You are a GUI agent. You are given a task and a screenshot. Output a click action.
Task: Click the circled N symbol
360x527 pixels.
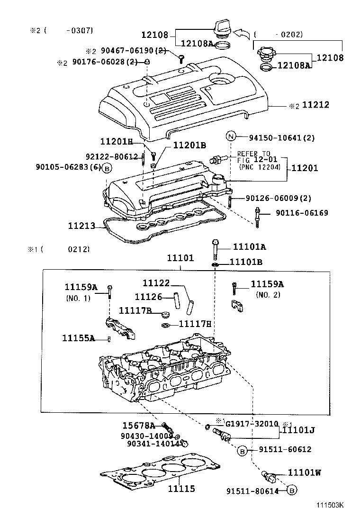[231, 137]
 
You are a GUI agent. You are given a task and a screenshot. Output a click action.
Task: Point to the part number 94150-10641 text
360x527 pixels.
[282, 138]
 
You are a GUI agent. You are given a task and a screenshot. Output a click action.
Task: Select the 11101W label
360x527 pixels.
[305, 472]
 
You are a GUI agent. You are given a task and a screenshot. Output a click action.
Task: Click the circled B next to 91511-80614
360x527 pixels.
[292, 491]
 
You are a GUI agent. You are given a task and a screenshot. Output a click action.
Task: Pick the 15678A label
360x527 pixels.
[139, 425]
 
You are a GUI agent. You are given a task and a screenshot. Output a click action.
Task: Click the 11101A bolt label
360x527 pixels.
[249, 247]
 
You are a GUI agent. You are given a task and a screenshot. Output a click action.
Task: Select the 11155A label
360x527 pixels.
[79, 338]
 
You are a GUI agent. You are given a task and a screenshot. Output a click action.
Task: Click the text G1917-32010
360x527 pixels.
[252, 424]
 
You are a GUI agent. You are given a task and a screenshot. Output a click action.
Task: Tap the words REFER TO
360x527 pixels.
[253, 154]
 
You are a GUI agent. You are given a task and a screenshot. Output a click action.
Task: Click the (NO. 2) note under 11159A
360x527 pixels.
[269, 295]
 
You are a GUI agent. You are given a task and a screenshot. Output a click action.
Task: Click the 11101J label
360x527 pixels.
[299, 430]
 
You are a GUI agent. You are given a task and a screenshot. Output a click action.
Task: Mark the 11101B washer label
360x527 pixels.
[246, 262]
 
